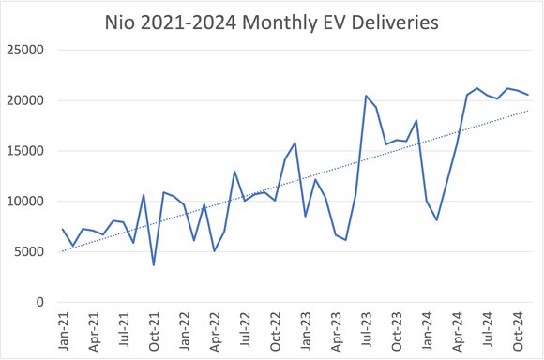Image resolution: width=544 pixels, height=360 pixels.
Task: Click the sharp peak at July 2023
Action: coord(366,96)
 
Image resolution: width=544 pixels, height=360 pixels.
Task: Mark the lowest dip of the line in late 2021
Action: coord(154,264)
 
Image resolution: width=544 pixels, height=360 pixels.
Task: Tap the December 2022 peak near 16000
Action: coord(295,142)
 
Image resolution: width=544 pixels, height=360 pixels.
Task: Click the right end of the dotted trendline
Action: coord(528,111)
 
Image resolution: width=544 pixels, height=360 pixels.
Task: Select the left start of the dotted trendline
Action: coord(63,251)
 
